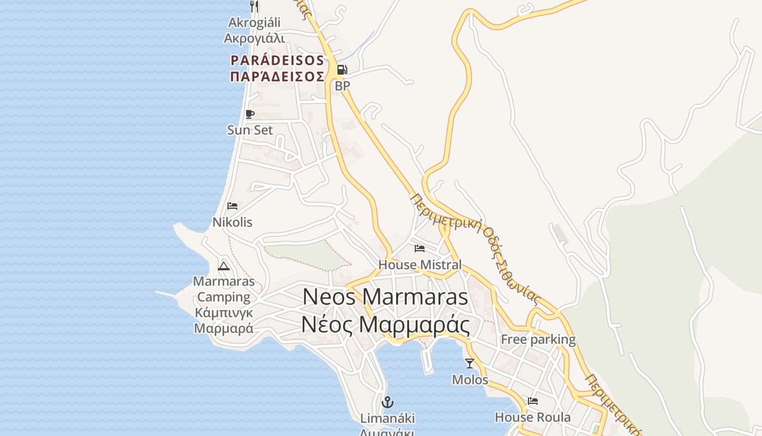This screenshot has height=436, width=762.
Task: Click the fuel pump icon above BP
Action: tap(342, 70)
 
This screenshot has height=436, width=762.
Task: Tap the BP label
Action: tap(342, 86)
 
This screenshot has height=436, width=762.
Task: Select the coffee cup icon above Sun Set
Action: tap(250, 114)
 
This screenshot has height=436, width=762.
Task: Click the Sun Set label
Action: tap(250, 130)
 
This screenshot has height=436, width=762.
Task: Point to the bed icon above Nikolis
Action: tap(232, 206)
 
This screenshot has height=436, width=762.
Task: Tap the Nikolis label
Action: tap(232, 222)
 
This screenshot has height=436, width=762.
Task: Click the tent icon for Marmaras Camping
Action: tap(223, 266)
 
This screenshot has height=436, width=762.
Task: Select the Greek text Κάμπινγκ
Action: tap(224, 313)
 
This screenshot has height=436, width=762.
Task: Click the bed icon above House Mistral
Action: tap(420, 249)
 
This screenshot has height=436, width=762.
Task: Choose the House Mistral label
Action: tap(420, 265)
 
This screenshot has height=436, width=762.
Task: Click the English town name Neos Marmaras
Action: tap(385, 297)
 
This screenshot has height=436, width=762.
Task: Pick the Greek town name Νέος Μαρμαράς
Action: tap(385, 325)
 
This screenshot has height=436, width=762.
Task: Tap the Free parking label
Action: tap(538, 340)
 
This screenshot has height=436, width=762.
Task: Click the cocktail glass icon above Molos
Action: tap(470, 363)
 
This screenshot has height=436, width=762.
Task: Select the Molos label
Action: tap(470, 379)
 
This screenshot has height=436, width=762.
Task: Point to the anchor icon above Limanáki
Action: tap(388, 403)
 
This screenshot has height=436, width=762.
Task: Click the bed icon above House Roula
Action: tap(533, 401)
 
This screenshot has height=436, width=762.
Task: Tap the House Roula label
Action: tap(533, 417)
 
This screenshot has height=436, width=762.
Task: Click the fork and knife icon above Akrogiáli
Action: tap(254, 7)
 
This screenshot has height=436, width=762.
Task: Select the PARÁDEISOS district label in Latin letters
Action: tap(278, 60)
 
